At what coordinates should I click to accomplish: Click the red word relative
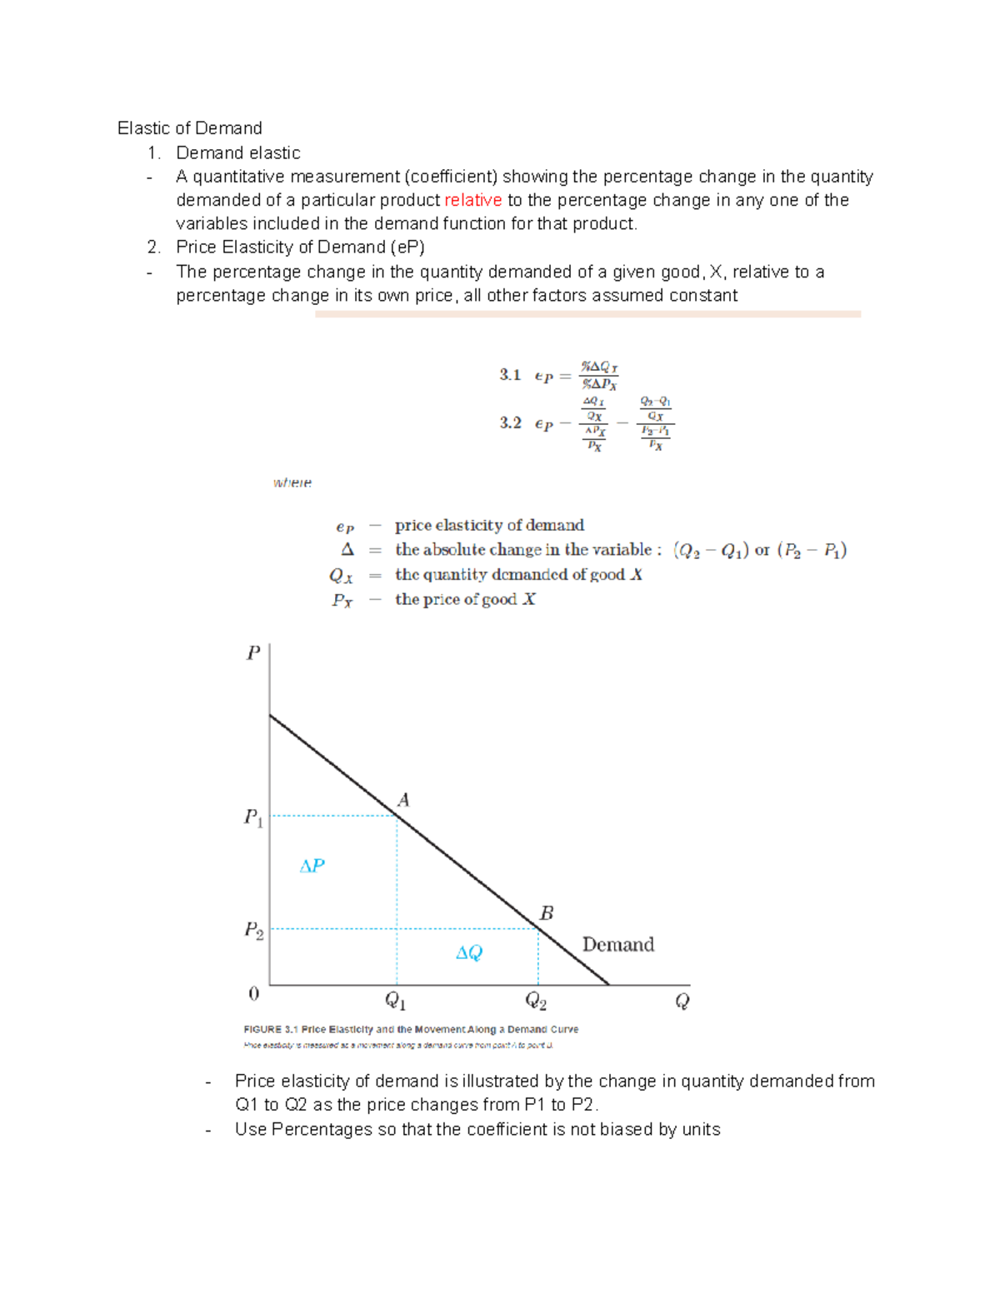472,200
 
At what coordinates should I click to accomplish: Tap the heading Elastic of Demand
189,127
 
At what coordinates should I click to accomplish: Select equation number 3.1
510,375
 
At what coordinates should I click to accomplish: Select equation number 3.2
510,423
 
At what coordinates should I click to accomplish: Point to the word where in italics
292,482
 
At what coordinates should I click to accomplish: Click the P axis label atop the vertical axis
253,652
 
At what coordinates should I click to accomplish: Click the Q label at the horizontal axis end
682,1001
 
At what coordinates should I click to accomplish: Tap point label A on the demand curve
403,800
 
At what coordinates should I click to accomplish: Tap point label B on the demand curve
546,913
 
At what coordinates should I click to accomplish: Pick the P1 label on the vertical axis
253,817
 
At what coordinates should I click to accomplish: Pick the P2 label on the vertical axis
253,930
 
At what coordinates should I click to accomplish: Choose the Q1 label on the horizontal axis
395,1001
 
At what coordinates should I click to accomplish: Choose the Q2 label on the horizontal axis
535,1001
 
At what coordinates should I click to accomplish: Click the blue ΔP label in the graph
312,867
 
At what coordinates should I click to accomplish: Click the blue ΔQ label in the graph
469,952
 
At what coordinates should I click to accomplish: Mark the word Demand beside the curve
617,944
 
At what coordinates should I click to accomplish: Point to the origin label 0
254,993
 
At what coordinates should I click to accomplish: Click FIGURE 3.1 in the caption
270,1029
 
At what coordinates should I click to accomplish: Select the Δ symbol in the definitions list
347,550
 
